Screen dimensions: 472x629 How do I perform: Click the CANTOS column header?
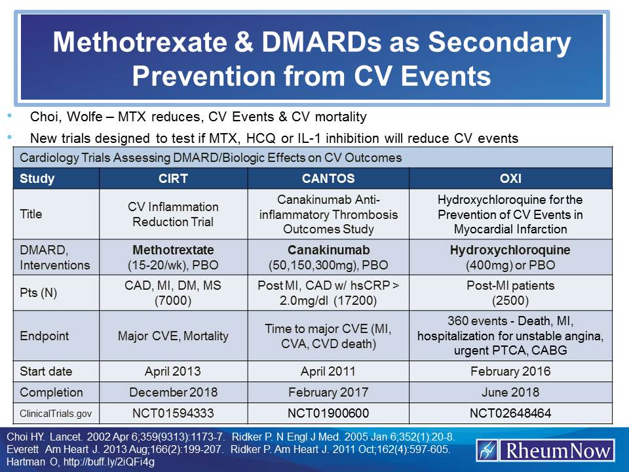pos(328,178)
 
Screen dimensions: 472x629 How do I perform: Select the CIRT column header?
pos(173,178)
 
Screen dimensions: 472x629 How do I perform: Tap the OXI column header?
pos(510,178)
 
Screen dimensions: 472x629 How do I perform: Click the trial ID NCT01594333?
pos(173,414)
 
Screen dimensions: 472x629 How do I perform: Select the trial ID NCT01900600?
pos(328,414)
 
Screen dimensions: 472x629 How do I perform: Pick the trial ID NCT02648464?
pos(510,414)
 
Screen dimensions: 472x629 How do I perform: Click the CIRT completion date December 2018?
pos(173,393)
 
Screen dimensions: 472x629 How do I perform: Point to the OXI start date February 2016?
pos(510,371)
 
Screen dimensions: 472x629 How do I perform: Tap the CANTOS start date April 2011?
pos(328,371)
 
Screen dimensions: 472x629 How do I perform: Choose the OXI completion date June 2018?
pos(510,393)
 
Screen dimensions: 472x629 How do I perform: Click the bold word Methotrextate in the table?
pos(173,250)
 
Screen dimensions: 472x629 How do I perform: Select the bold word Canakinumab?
pos(328,250)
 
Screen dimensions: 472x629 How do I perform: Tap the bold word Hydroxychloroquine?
pos(510,250)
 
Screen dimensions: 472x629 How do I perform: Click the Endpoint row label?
pos(45,336)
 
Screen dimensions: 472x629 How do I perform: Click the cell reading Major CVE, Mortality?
pos(173,336)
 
